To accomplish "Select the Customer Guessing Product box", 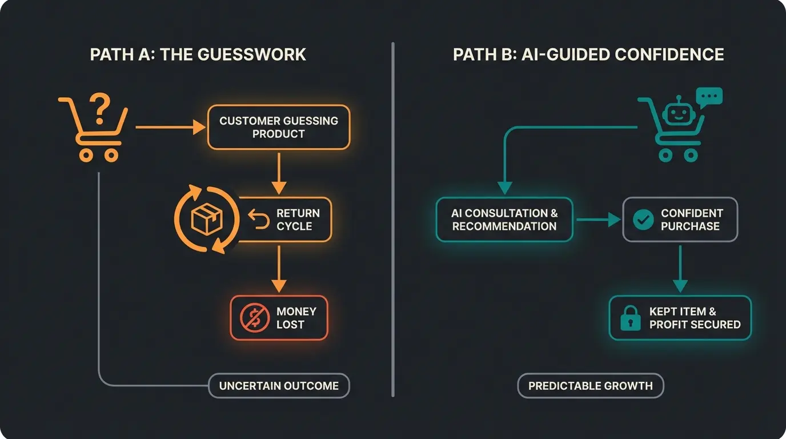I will [279, 127].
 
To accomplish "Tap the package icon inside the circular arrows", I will [206, 219].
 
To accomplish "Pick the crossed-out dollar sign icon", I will [251, 318].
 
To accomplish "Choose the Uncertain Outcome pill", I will [279, 386].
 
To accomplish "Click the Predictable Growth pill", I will [590, 386].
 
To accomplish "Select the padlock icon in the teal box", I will [631, 318].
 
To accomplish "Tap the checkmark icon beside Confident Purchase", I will [643, 219].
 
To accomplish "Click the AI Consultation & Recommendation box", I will [504, 219].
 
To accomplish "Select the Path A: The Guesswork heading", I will [198, 54].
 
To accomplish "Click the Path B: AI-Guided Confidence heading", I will [588, 54].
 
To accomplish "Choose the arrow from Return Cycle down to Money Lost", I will [278, 268].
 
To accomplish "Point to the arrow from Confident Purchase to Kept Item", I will [680, 268].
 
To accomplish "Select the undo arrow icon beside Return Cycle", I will [259, 219].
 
